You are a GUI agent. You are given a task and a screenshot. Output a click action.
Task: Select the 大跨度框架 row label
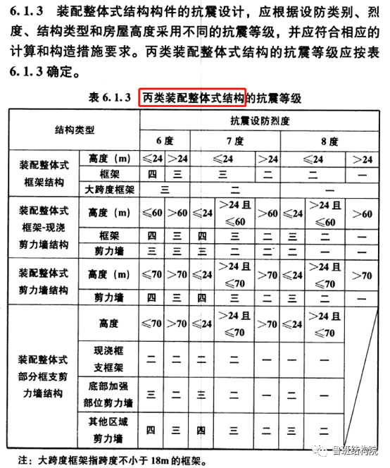coord(109,189)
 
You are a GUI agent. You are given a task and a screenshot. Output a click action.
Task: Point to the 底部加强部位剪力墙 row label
coord(109,396)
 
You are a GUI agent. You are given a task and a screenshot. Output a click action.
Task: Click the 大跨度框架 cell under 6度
coord(164,189)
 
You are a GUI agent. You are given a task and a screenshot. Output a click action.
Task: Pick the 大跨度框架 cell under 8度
coord(328,189)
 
